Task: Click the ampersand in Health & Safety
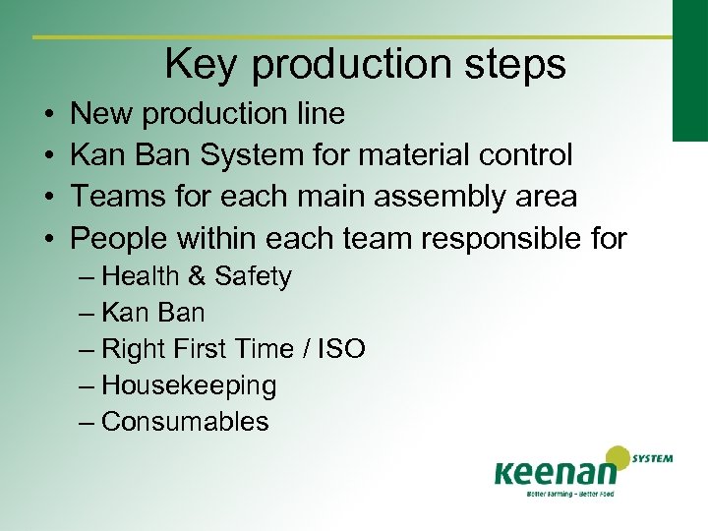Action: [196, 276]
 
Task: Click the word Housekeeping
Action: [189, 385]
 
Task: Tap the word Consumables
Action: [185, 422]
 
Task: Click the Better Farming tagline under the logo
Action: [555, 494]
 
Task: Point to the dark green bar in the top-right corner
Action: [689, 69]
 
